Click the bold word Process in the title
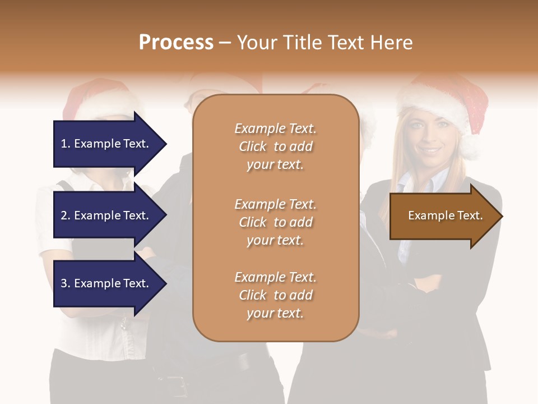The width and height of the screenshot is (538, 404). pos(176,43)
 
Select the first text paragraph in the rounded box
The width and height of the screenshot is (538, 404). pos(275,146)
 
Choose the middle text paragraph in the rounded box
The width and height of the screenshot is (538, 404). pos(275,222)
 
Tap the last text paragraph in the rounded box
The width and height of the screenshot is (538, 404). pos(275,295)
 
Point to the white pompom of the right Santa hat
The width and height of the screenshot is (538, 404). pos(470,147)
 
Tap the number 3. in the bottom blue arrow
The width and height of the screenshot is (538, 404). pos(66,284)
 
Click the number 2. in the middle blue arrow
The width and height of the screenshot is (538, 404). pos(66,215)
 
